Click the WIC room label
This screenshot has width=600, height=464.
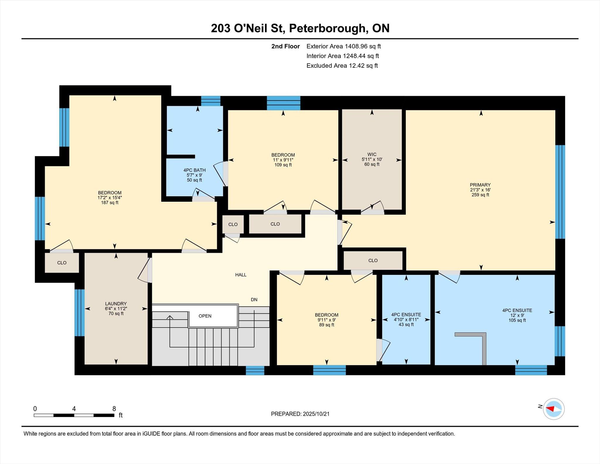point(372,154)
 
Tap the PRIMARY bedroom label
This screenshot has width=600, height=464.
point(480,185)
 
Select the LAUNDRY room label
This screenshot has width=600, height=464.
point(116,304)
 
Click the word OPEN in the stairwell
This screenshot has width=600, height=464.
point(205,316)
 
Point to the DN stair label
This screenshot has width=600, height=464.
point(254,300)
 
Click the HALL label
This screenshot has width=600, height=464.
point(241,275)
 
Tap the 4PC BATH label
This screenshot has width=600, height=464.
point(195,170)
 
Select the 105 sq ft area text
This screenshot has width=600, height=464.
point(517,320)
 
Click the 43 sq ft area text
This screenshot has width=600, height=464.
point(406,324)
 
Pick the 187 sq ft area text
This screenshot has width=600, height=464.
point(110,203)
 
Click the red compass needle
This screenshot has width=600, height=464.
point(550,409)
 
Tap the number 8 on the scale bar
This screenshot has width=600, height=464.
point(114,409)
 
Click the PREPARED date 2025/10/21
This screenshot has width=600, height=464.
point(316,414)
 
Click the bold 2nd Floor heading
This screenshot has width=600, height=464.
point(286,46)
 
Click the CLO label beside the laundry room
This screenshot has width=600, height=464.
point(62,263)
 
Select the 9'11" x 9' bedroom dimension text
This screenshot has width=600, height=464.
point(327,320)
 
